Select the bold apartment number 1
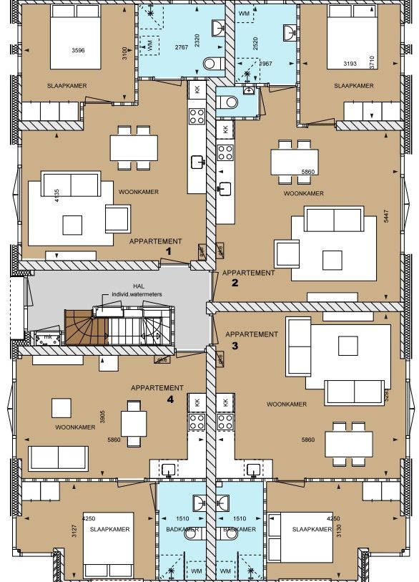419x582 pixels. (169, 252)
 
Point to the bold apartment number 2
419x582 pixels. (235, 283)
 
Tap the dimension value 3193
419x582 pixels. (350, 64)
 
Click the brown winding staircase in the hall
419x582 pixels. (85, 327)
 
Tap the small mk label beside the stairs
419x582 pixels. (47, 336)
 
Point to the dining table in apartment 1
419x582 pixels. (134, 148)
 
